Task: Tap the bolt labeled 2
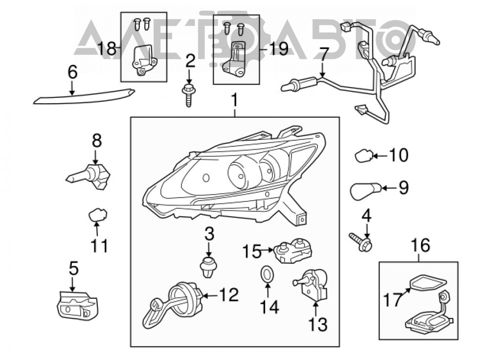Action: click(x=188, y=95)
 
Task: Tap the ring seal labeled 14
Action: click(x=266, y=274)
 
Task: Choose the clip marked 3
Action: click(x=208, y=267)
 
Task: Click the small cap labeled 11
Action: click(x=98, y=214)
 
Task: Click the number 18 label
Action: click(x=107, y=48)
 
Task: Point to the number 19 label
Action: click(x=279, y=48)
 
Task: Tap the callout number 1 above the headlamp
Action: click(x=234, y=100)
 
